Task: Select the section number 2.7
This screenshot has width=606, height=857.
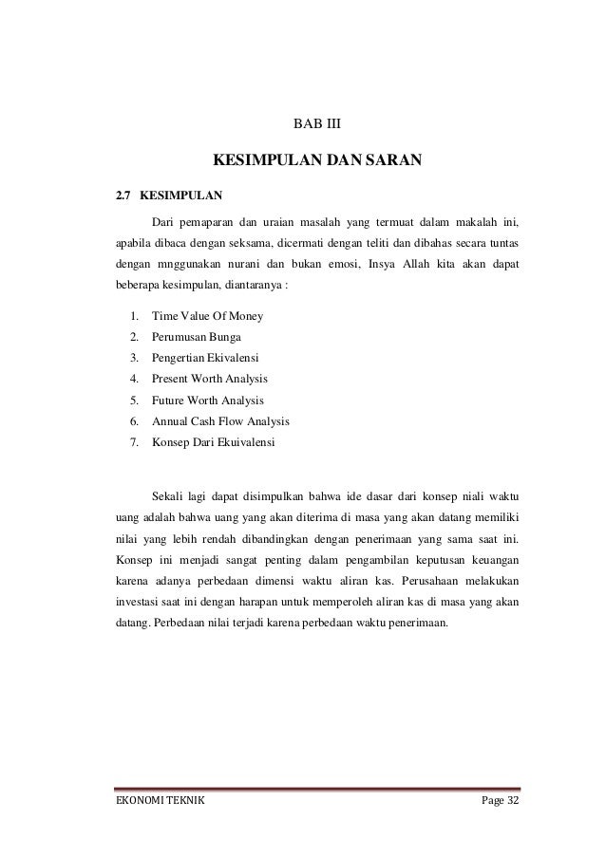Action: tap(122, 197)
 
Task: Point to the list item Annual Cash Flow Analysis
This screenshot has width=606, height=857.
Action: tap(220, 420)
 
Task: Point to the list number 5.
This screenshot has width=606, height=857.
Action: tap(134, 400)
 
